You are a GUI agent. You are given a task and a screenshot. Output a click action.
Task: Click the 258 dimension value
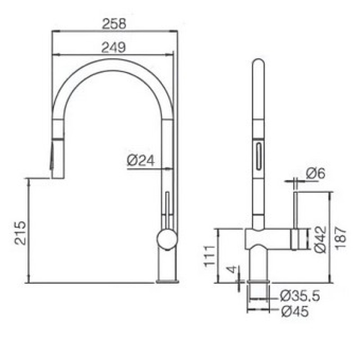[x=114, y=24]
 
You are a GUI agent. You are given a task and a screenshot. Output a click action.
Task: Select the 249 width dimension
[x=114, y=48]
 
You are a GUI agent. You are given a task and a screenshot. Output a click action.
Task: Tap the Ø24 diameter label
[x=141, y=160]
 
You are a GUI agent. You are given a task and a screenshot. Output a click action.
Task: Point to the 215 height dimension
[x=20, y=233]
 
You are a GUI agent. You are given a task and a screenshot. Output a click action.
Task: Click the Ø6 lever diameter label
[x=316, y=173]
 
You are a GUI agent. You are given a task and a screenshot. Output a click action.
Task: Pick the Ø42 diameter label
[x=320, y=240]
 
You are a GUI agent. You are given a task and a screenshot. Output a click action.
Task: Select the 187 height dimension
[x=341, y=238]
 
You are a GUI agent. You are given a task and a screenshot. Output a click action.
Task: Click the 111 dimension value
[x=209, y=256]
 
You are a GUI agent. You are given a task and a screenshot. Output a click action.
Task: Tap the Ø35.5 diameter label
[x=300, y=296]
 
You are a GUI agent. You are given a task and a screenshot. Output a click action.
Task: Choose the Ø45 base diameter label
[x=295, y=311]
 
